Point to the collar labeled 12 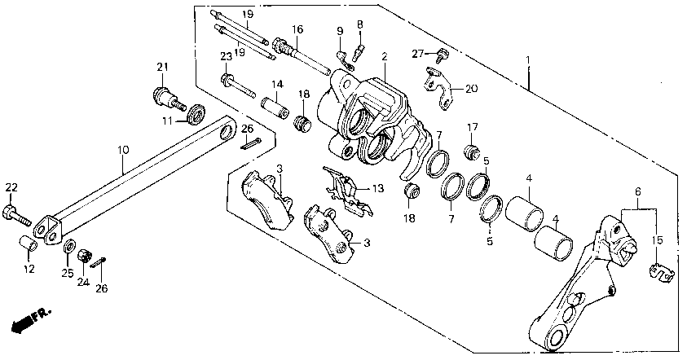coord(28,244)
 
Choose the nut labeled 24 coord(83,257)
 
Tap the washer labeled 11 coord(196,115)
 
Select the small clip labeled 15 coord(663,274)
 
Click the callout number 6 coord(637,191)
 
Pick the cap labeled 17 coord(470,151)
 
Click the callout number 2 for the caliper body coord(382,58)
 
